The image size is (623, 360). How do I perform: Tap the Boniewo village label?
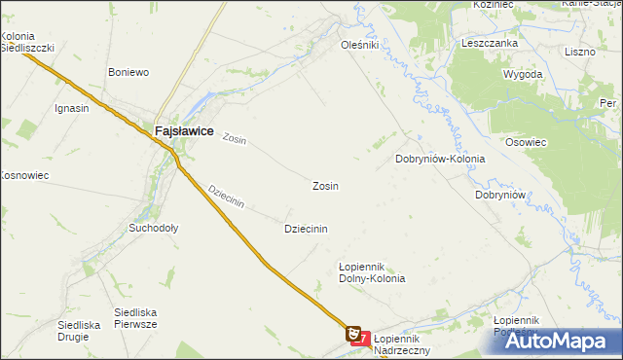[128, 72]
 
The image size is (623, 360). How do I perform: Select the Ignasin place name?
[72, 108]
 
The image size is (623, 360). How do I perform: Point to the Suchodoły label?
[154, 229]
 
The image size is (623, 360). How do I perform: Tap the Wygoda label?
[522, 74]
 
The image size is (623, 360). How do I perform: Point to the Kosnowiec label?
[23, 175]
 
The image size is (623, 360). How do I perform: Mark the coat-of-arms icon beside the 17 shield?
[353, 333]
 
